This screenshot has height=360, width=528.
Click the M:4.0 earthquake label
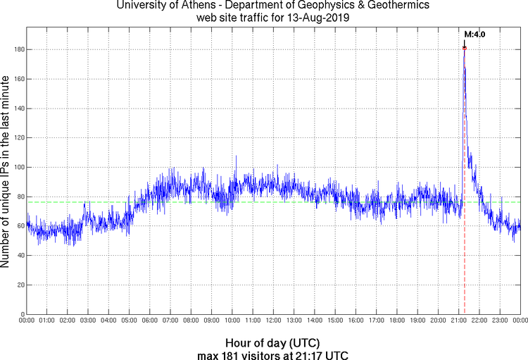pyautogui.click(x=474, y=34)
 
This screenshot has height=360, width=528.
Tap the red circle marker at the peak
pyautogui.click(x=465, y=48)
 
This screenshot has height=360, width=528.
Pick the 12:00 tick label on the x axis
pyautogui.click(x=273, y=321)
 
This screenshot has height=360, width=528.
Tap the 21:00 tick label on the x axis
pyautogui.click(x=458, y=321)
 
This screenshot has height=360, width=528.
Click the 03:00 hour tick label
pyautogui.click(x=88, y=321)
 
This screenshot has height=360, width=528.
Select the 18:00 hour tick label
pyautogui.click(x=396, y=321)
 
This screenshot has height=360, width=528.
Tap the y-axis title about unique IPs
pyautogui.click(x=6, y=173)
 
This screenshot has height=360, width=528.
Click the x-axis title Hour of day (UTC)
pyautogui.click(x=274, y=342)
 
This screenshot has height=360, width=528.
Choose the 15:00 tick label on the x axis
pyautogui.click(x=335, y=321)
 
